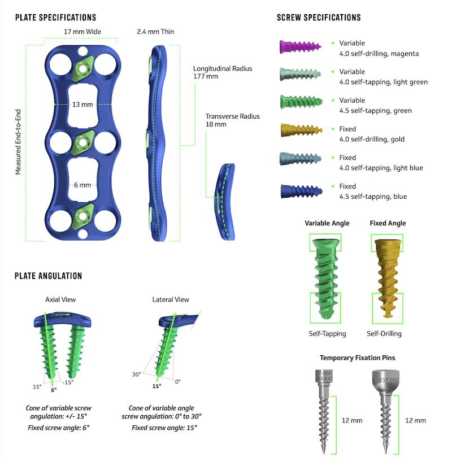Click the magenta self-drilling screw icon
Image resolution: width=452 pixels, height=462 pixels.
coord(300,46)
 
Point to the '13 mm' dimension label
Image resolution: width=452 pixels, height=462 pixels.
coord(82,104)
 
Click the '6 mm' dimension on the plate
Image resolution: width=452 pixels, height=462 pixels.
coord(82,185)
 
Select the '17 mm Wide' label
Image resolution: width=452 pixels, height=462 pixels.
coord(82,32)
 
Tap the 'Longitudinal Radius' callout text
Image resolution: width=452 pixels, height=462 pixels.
coord(223,69)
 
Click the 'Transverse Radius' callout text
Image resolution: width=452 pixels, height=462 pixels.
coord(233,116)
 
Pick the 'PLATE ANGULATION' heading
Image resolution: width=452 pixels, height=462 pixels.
coord(49,276)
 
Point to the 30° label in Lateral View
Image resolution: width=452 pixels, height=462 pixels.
coord(136,374)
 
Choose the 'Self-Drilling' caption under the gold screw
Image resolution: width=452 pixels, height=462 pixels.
coord(384,334)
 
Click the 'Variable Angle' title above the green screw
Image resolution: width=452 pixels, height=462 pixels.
coord(327,223)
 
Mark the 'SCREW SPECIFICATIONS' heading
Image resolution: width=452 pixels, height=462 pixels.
coord(319,18)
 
